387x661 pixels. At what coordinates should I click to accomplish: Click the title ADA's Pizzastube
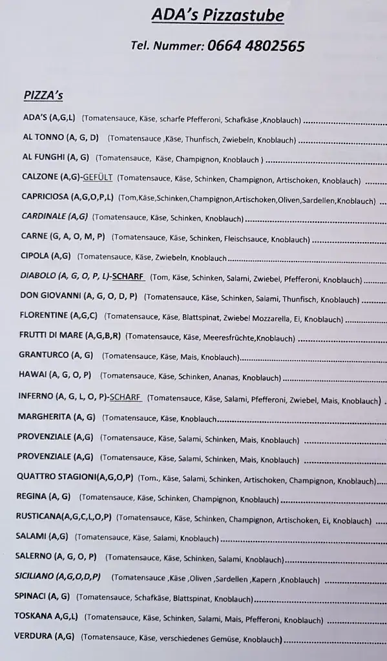click(x=217, y=15)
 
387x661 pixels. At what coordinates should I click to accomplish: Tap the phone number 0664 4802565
click(x=255, y=46)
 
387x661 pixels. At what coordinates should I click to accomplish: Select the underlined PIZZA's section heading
click(x=43, y=95)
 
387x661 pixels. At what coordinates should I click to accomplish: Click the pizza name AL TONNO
click(x=43, y=137)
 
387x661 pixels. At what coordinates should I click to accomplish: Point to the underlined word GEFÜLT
click(x=98, y=178)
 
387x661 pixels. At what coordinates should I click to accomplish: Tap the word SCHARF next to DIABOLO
click(x=127, y=278)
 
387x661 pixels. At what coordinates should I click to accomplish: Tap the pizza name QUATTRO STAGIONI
click(x=56, y=478)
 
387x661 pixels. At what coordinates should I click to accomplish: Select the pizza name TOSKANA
click(x=34, y=617)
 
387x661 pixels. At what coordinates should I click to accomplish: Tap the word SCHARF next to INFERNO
click(x=125, y=397)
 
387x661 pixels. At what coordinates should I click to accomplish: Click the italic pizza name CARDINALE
click(x=45, y=217)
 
